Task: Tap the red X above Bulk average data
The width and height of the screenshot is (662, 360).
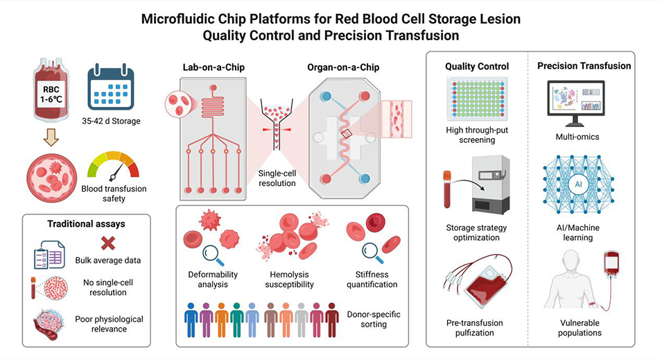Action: (108, 243)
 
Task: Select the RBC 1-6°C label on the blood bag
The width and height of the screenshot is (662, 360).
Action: (51, 94)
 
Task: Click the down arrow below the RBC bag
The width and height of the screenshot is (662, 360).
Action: (51, 137)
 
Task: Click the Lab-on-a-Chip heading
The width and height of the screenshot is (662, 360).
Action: (214, 67)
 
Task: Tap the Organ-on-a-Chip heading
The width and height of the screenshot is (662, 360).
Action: (343, 67)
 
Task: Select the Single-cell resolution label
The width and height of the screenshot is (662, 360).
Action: (277, 178)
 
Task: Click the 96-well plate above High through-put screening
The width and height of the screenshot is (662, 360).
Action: (477, 99)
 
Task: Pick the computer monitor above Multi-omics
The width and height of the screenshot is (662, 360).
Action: (576, 103)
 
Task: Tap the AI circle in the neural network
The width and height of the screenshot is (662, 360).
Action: (578, 185)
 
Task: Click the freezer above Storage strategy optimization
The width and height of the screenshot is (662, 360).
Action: (491, 185)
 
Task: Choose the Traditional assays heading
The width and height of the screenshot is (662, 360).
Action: (86, 224)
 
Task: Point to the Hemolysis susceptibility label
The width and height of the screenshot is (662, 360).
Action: (289, 280)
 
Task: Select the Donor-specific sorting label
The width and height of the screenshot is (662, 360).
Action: (374, 319)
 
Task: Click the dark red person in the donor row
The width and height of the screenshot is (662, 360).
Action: (332, 320)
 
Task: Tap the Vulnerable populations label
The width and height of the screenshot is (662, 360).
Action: (580, 327)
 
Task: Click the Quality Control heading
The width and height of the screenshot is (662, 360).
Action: (477, 67)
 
